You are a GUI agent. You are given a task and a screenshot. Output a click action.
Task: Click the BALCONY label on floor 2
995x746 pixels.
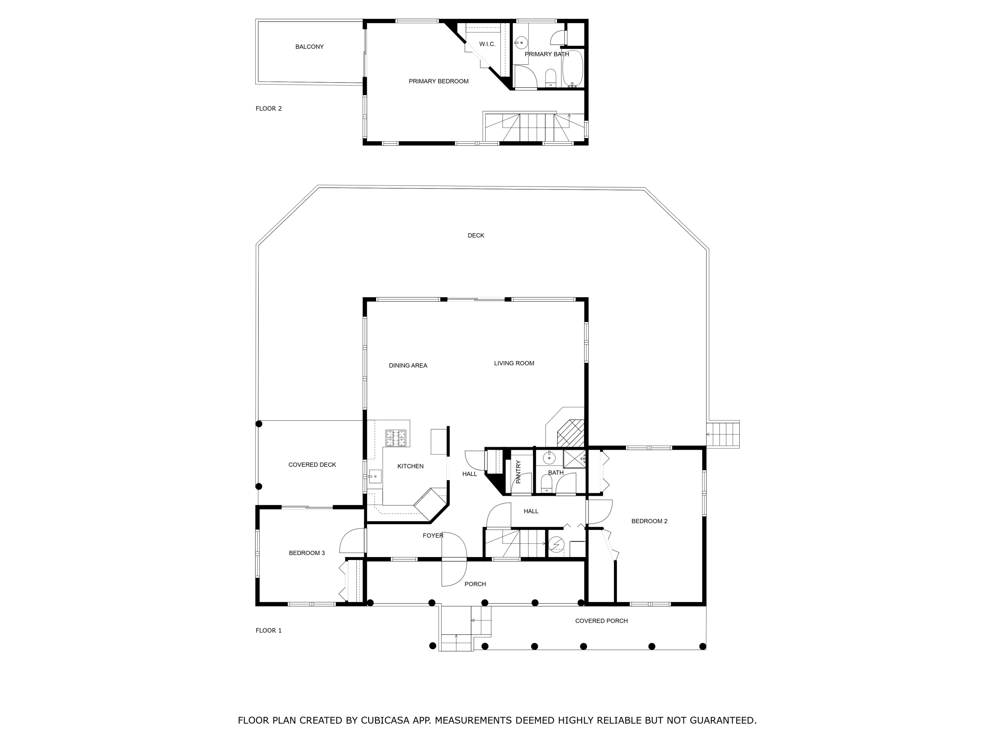pos(309,47)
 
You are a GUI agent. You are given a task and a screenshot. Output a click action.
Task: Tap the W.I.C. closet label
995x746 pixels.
pos(487,44)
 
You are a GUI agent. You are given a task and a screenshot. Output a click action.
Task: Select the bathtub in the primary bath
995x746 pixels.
pos(572,68)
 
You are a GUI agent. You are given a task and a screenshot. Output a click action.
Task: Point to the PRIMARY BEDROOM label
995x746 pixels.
pos(438,81)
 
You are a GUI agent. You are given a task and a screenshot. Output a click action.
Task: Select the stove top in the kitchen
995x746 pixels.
pos(395,438)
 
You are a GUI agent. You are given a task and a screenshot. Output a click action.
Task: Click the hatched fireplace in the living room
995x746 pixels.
pos(570,433)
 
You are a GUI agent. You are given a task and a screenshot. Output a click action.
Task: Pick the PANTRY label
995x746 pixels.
pos(518,472)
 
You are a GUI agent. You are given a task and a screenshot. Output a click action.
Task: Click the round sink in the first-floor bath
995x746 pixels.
pos(549,458)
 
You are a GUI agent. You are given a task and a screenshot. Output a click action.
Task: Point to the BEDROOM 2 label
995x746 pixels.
pos(649,521)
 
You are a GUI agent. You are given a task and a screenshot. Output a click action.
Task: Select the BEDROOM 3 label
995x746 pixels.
pos(306,553)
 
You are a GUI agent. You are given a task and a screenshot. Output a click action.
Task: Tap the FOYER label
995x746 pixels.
pos(433,535)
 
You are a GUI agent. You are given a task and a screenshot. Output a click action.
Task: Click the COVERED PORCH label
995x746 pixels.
pos(601,621)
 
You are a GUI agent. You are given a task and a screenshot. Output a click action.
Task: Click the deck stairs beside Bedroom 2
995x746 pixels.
pos(722,434)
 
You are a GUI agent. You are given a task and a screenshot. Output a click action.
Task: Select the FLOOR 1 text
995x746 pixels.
pos(269,630)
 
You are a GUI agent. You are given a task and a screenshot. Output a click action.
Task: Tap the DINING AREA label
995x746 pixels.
pos(408,366)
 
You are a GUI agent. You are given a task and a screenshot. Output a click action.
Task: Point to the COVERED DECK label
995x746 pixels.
pos(312,465)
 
